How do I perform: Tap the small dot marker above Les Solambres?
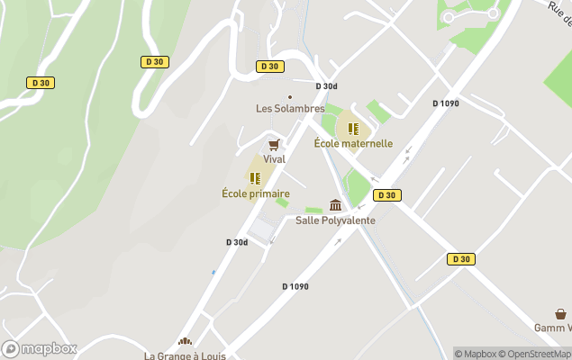pos(289,96)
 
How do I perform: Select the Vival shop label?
pos(274,159)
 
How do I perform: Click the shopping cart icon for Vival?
pos(274,144)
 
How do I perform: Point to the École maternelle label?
pos(353,143)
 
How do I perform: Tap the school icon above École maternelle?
pos(353,129)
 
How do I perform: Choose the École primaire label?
pos(256,193)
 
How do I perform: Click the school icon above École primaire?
pos(255,178)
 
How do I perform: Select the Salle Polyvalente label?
pos(335,220)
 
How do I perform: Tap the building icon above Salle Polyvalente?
pos(335,205)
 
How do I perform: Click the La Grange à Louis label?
pos(184,355)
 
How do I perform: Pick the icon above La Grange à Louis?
pos(185,342)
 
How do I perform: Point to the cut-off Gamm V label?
pos(552,327)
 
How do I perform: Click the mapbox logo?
pos(40,348)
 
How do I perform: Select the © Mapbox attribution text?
pos(475,354)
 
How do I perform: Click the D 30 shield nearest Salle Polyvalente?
pos(386,195)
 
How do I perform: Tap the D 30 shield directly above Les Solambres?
pos(268,67)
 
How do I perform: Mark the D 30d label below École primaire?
pos(237,242)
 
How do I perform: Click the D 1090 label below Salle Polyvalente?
pos(295,286)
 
